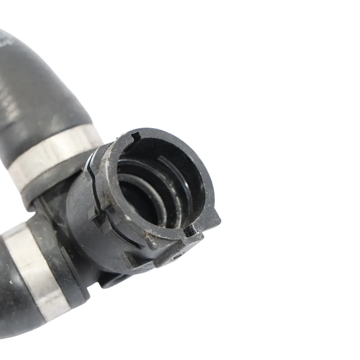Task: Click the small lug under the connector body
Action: [113, 282]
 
